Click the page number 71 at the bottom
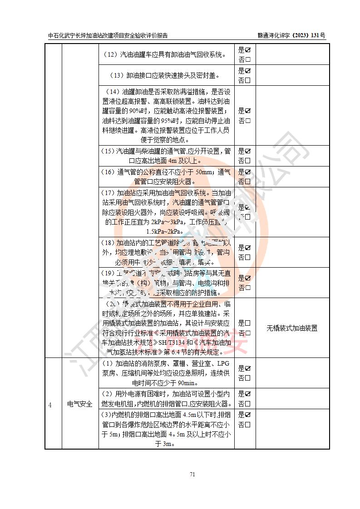click(x=192, y=475)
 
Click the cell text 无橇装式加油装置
click(x=292, y=328)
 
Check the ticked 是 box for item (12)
click(x=248, y=50)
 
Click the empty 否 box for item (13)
click(x=248, y=81)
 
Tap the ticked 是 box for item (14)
click(x=248, y=111)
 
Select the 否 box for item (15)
click(x=248, y=161)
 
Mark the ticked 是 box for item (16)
click(x=248, y=172)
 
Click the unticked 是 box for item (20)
click(x=248, y=323)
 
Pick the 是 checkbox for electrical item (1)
click(x=248, y=368)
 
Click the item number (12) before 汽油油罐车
click(x=111, y=55)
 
